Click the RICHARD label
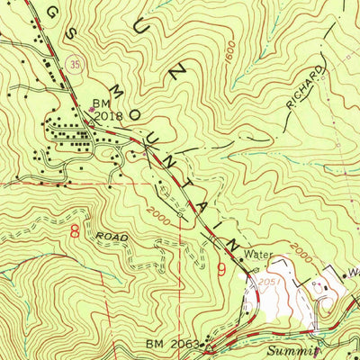coord(303,88)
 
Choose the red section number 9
coord(220,268)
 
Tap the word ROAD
coord(115,237)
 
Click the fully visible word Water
coord(258,255)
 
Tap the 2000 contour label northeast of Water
coord(301,255)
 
